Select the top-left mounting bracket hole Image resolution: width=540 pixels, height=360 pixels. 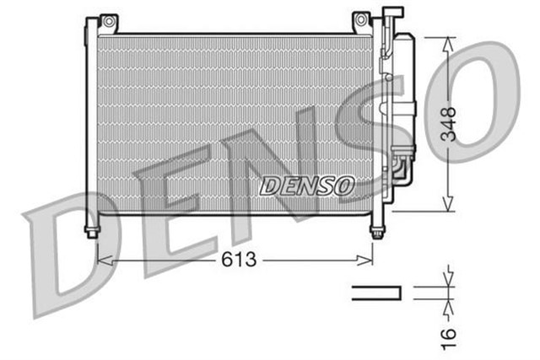coord(106,19)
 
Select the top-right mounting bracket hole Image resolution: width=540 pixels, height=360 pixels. coord(360,19)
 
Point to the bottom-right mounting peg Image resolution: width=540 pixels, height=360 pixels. coord(375,230)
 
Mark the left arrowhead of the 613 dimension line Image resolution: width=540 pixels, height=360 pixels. coord(103,260)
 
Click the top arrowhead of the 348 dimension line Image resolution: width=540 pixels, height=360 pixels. coord(449,43)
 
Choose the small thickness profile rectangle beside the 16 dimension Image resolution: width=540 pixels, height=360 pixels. coord(376,293)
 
